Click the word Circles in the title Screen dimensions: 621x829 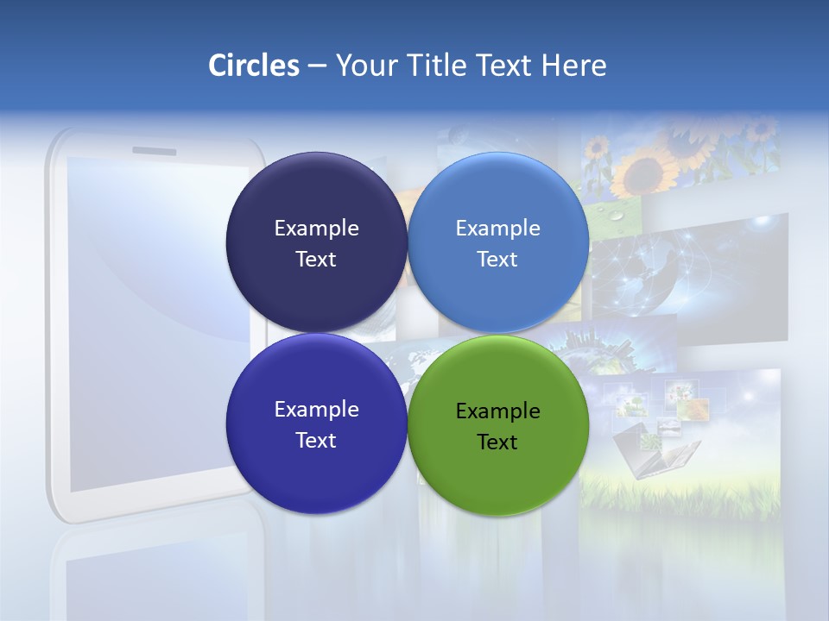click(x=254, y=66)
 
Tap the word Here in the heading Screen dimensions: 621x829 click(x=574, y=66)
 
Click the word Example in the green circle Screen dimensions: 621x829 click(x=497, y=411)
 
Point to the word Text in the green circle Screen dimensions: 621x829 click(x=497, y=442)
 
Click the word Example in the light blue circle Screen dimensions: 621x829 click(x=497, y=229)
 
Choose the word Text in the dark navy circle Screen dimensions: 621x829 click(x=316, y=260)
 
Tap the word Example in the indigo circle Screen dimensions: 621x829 click(x=316, y=410)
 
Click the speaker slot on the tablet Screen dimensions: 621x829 click(x=154, y=151)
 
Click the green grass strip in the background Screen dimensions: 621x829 click(x=682, y=496)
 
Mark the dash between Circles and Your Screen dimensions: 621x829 click(x=317, y=66)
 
